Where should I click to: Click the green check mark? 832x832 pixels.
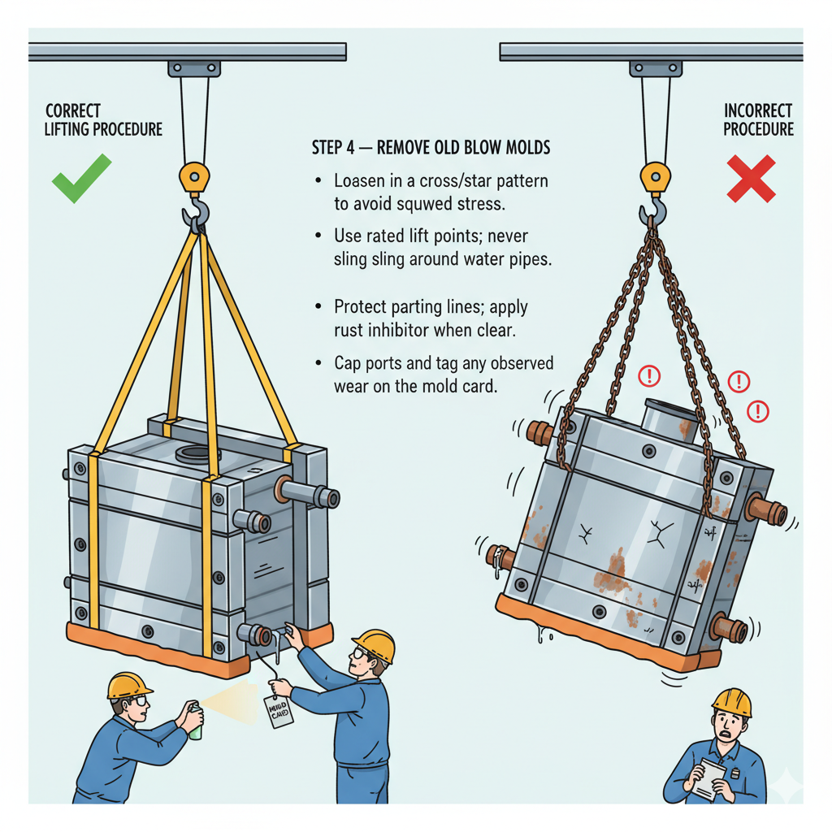pyautogui.click(x=81, y=179)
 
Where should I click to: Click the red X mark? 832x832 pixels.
pyautogui.click(x=751, y=179)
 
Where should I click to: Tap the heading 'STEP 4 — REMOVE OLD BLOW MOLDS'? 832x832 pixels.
pyautogui.click(x=431, y=148)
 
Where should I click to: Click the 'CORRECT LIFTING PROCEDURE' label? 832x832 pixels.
pyautogui.click(x=103, y=120)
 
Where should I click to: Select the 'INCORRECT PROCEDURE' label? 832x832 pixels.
pyautogui.click(x=758, y=120)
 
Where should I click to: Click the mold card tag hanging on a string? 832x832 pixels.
pyautogui.click(x=278, y=711)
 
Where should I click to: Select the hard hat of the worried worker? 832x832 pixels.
pyautogui.click(x=731, y=702)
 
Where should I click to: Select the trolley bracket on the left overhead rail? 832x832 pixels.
pyautogui.click(x=194, y=69)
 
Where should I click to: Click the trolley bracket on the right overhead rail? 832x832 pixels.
pyautogui.click(x=656, y=69)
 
